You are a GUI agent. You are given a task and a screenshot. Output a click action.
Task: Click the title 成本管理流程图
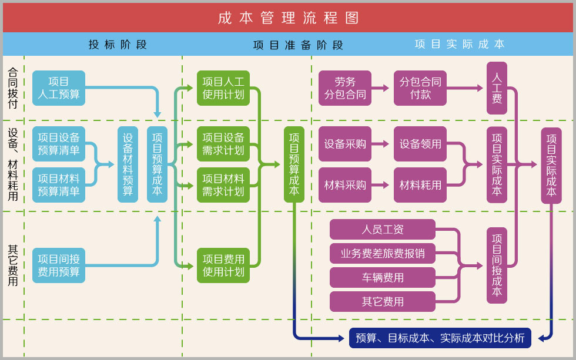tap(288, 18)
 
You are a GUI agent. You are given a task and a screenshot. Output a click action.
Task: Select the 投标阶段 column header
tap(118, 45)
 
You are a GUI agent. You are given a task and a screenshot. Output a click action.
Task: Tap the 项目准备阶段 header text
tap(298, 45)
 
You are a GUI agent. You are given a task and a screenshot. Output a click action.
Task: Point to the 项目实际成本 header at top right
tap(459, 44)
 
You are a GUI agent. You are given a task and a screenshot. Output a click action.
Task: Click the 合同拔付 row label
tap(13, 88)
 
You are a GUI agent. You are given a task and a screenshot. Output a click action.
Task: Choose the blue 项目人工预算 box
tap(59, 88)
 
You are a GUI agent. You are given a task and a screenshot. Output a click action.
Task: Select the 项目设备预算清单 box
tap(59, 144)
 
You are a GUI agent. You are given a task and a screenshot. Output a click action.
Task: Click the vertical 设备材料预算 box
tap(128, 164)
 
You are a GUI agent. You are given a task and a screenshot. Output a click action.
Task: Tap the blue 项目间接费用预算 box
tap(59, 265)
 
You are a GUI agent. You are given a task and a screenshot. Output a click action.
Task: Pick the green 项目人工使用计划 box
tap(223, 88)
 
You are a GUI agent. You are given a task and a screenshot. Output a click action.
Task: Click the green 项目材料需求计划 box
tap(223, 185)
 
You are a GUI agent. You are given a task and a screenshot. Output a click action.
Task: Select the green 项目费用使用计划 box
tap(223, 265)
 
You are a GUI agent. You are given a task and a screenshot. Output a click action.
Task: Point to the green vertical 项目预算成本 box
tap(294, 164)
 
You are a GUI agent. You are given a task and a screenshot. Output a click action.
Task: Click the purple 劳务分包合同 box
tap(345, 88)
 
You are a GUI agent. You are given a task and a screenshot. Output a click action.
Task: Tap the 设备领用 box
tap(420, 144)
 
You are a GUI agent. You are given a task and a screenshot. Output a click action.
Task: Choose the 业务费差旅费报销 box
tap(383, 253)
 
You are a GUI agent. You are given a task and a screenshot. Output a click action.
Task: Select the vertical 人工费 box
tap(497, 88)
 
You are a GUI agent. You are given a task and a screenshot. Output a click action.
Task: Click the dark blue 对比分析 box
tap(440, 338)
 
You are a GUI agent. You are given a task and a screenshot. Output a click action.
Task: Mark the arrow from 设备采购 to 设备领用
tap(380, 144)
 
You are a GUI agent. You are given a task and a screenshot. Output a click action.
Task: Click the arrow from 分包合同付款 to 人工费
tap(465, 88)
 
